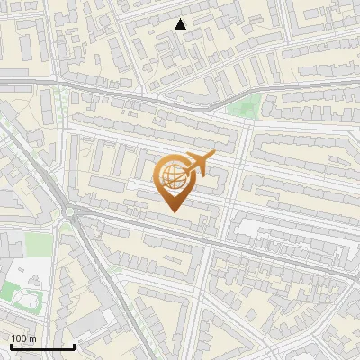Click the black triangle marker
(181, 24)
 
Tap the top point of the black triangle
(181, 18)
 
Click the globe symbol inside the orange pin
(173, 176)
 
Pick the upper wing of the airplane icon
(195, 156)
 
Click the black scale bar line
(41, 346)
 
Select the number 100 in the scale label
(18, 338)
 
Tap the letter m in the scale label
(31, 338)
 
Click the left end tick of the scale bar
(10, 345)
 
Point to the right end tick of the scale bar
(74, 345)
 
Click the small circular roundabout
(69, 213)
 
